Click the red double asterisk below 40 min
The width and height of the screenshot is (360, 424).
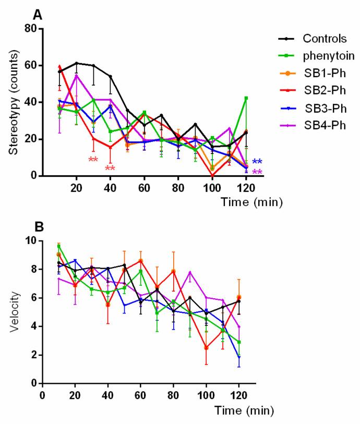pyautogui.click(x=110, y=168)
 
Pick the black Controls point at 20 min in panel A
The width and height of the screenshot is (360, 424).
pyautogui.click(x=77, y=63)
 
